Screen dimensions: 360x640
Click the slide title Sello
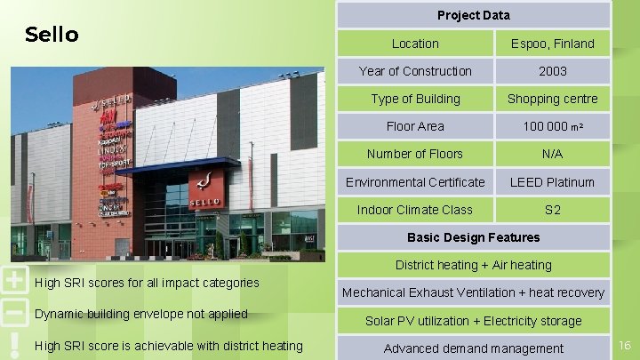52,35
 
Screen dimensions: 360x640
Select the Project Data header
473,15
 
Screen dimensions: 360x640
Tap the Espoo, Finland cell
552,44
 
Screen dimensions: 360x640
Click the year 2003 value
552,71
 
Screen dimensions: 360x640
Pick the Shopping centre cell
552,99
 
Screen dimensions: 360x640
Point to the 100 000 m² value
552,126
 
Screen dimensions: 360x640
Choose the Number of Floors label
415,154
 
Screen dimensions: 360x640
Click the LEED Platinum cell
552,182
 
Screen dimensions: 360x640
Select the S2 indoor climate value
552,210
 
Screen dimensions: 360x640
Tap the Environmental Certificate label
415,182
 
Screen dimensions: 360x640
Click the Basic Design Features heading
473,237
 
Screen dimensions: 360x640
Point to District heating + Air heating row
473,265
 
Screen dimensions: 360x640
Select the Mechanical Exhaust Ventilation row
473,292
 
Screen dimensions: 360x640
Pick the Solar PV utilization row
473,321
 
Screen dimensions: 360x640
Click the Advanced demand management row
473,348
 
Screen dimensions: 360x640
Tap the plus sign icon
13,280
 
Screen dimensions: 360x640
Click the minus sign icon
13,313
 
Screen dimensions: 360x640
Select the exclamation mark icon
13,344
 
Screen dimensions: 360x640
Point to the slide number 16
624,344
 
